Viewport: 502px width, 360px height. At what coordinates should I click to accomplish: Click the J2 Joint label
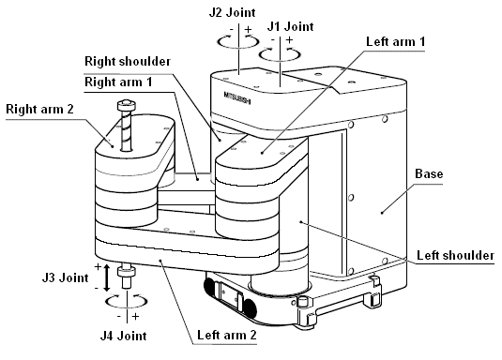point(232,12)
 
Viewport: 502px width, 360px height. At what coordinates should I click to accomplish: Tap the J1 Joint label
point(290,26)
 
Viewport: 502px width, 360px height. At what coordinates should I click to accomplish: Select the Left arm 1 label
point(395,41)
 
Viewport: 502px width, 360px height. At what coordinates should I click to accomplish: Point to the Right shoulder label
point(128,61)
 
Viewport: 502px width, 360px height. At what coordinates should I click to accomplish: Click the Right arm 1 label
point(118,82)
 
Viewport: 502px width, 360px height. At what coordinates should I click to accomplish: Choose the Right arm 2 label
point(39,109)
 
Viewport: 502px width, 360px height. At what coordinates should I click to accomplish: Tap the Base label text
point(429,173)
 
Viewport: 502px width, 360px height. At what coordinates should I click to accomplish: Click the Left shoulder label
point(455,255)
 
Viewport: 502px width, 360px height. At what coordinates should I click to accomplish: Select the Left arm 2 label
point(227,335)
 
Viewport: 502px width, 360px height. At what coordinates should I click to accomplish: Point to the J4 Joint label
point(123,336)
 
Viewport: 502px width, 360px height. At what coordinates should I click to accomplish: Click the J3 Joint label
point(65,277)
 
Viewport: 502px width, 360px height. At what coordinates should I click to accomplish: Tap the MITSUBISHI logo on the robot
point(237,97)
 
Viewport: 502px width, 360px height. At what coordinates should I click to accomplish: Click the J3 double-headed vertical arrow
point(107,277)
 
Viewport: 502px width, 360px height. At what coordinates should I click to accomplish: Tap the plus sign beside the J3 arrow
point(98,266)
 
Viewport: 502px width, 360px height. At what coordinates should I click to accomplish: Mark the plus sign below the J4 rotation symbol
point(135,317)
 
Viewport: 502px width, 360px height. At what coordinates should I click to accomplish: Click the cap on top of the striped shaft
point(127,105)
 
